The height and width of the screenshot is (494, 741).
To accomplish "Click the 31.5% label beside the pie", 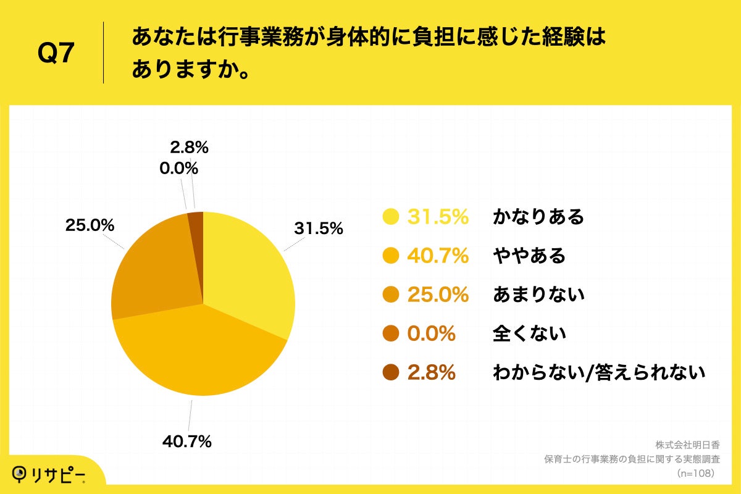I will tap(318, 228).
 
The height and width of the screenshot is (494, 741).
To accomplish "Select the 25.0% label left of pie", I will tap(90, 225).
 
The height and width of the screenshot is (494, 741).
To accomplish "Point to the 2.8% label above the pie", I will tap(188, 148).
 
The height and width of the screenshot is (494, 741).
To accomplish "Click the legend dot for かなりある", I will tap(390, 217).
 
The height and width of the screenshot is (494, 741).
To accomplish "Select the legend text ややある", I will tap(529, 256).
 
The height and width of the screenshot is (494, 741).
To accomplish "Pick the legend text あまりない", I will tap(538, 295).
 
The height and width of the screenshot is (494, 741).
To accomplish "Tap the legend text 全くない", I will tap(529, 334).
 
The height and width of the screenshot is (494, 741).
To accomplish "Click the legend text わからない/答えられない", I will tap(598, 373).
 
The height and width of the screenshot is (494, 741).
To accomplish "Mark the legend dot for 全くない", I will tap(390, 334).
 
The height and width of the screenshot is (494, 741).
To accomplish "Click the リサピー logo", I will tap(51, 474).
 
